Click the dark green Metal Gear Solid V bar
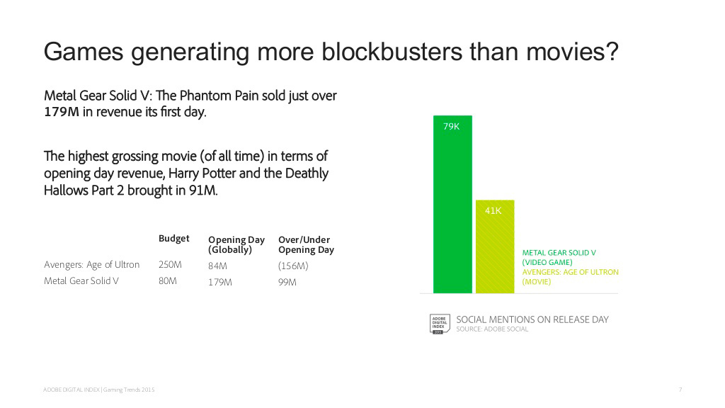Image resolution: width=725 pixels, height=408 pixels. (x=452, y=204)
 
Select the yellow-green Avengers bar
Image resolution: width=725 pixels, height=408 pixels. (x=495, y=246)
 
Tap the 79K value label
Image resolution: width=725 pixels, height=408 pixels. (x=451, y=126)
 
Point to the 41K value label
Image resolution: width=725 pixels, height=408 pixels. (x=493, y=211)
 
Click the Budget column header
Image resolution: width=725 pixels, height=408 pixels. (x=174, y=238)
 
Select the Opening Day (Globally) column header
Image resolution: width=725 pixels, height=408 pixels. (x=236, y=244)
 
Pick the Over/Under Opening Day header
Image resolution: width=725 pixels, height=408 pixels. (x=306, y=244)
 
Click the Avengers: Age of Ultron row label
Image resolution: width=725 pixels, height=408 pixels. (x=91, y=265)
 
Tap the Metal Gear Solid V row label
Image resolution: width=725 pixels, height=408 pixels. (x=81, y=280)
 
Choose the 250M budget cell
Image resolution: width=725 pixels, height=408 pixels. (x=170, y=265)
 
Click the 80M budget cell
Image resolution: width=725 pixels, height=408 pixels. (x=167, y=280)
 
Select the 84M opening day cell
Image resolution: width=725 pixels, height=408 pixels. (x=217, y=266)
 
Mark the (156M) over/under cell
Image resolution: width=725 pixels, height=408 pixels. (x=293, y=266)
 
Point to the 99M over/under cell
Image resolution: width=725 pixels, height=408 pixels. (x=287, y=282)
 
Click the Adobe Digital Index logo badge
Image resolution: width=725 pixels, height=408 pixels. (x=439, y=324)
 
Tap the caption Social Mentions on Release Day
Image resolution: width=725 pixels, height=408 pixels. (x=532, y=319)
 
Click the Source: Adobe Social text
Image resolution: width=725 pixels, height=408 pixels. (x=492, y=329)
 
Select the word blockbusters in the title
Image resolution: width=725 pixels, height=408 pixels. (x=392, y=51)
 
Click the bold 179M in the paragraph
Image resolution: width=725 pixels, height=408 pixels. (x=62, y=112)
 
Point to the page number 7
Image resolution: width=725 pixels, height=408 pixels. (x=680, y=390)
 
